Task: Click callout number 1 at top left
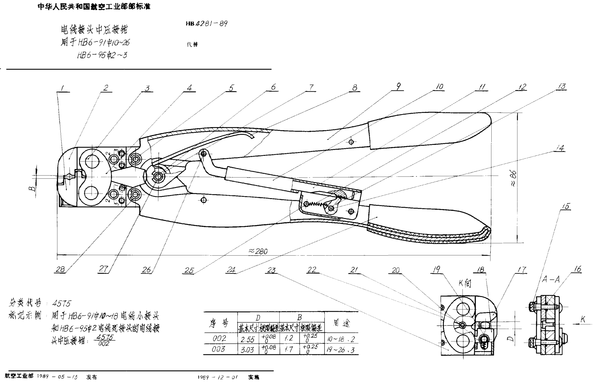pos(63,88)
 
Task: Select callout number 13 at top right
pos(562,87)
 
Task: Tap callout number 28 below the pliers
pos(60,269)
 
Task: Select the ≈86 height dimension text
pos(513,178)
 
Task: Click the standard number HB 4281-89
pos(206,23)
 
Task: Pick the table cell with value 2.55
pos(248,339)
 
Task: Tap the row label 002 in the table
pos(219,338)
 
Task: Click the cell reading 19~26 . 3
pos(340,350)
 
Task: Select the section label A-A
pos(550,279)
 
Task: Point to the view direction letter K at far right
pos(583,320)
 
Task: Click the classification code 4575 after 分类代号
pos(62,303)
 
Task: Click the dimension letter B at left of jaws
pos(32,189)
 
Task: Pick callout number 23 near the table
pos(271,270)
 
